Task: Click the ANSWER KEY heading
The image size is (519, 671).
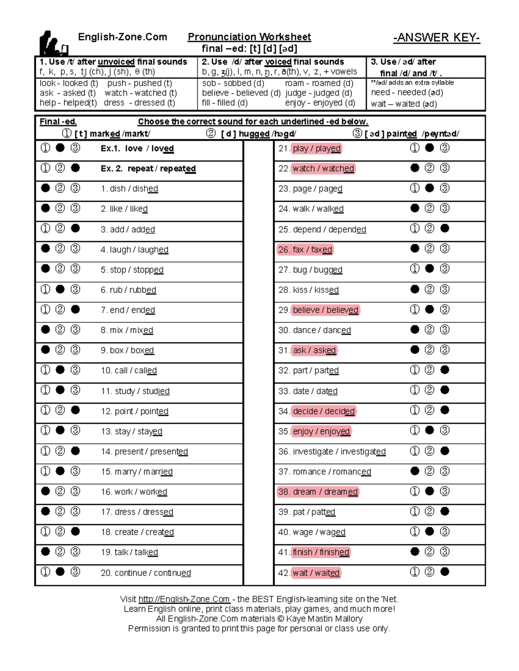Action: [x=436, y=38]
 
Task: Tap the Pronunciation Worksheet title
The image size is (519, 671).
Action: [x=249, y=37]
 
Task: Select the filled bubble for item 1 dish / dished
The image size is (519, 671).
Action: [x=45, y=188]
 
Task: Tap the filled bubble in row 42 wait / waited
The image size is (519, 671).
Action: [x=445, y=572]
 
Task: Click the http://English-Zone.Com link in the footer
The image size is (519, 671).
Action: [x=184, y=599]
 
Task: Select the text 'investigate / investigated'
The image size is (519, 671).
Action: [x=332, y=452]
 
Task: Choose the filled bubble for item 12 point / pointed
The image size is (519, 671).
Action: [x=75, y=410]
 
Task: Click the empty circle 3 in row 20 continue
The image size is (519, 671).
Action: [x=75, y=572]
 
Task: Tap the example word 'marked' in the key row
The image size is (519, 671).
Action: [x=105, y=134]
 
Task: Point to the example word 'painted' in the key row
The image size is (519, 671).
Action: [x=401, y=134]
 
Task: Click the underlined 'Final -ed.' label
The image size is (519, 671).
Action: [x=58, y=122]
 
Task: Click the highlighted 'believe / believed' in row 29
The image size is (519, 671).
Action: [x=325, y=310]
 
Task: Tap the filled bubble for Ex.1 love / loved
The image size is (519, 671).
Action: [x=60, y=148]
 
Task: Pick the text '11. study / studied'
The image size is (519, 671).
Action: [x=135, y=391]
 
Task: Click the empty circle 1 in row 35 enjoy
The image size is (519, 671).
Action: [x=414, y=430]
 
